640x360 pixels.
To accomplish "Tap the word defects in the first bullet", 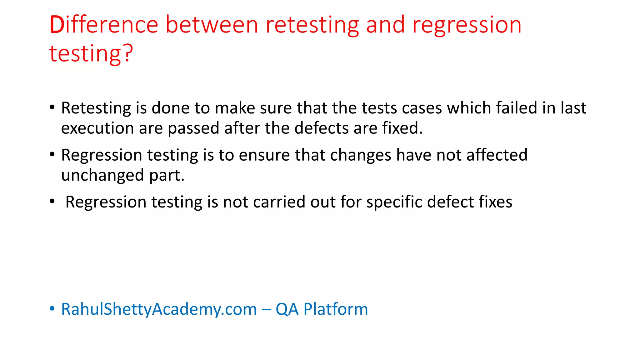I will (321, 128).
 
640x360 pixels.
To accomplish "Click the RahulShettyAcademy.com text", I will (159, 309).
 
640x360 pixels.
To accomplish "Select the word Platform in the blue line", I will (336, 309).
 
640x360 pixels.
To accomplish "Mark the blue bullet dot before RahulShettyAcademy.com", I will (52, 309).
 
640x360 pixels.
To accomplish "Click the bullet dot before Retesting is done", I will (52, 107).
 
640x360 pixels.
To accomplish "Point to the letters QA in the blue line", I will (287, 309).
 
